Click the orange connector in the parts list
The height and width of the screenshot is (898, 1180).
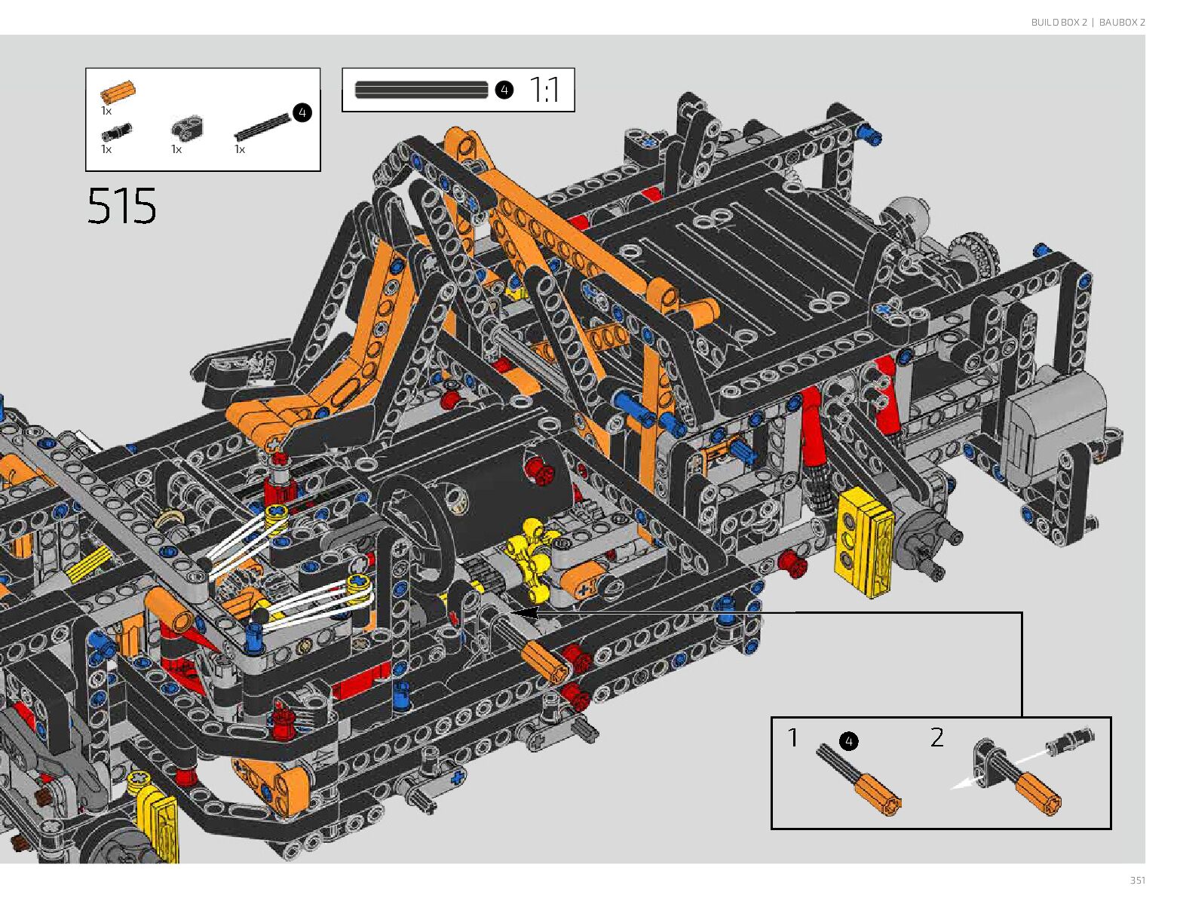118,92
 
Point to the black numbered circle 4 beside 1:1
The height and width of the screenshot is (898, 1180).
504,90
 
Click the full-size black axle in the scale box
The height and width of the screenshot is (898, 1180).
421,90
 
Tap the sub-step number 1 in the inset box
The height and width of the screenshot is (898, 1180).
792,737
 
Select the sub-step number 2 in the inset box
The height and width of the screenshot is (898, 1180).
937,737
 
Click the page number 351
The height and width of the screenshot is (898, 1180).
1137,880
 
